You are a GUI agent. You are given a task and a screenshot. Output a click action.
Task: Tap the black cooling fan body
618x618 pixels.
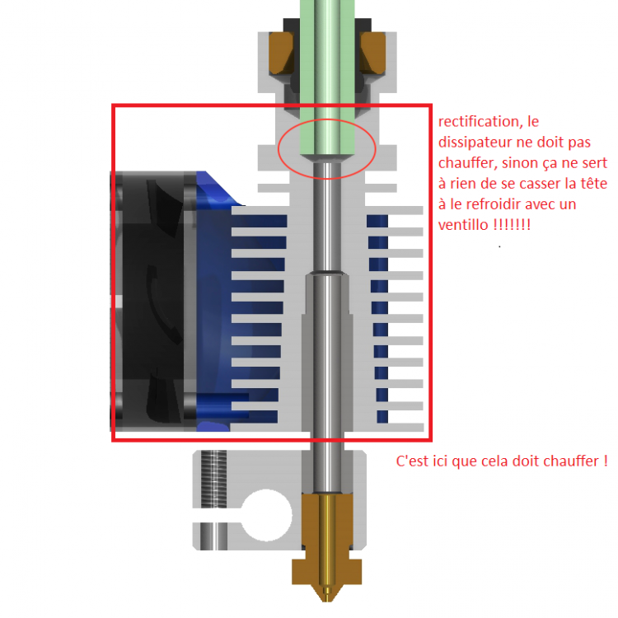coord(152,301)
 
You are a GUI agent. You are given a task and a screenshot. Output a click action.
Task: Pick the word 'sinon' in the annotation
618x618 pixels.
coord(518,162)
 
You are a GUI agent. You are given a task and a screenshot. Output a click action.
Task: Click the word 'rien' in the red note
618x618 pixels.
coord(463,183)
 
